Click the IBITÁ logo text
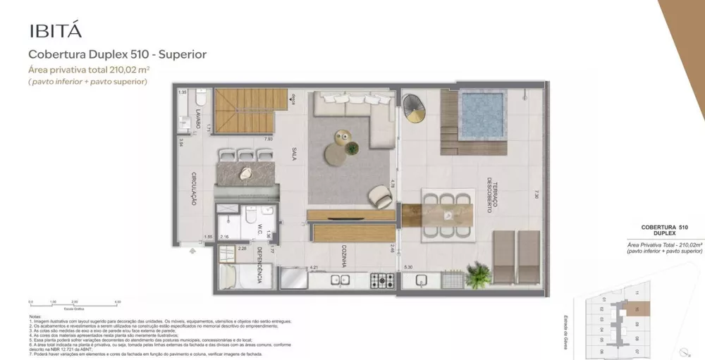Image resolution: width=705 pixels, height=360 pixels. click(55, 30)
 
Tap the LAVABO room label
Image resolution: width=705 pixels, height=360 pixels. click(199, 116)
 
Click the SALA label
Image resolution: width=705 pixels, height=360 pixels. click(293, 154)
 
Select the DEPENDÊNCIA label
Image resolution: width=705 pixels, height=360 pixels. click(259, 266)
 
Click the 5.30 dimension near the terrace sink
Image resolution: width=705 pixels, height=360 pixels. click(408, 267)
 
